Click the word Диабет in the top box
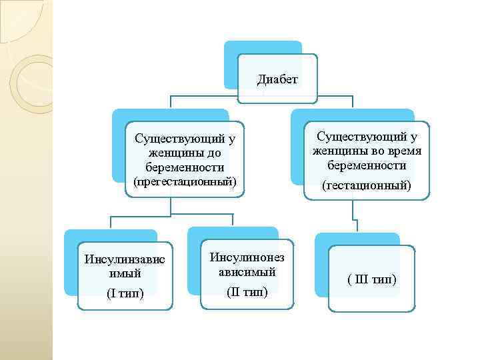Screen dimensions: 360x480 [277, 80]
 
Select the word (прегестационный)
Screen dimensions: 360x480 [185, 181]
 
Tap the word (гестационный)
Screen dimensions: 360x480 [366, 185]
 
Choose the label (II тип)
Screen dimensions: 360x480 [247, 291]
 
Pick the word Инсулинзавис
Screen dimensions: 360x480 [125, 259]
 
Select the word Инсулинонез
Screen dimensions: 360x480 [247, 257]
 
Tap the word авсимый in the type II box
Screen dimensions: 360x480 [247, 272]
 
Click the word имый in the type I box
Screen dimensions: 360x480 [125, 273]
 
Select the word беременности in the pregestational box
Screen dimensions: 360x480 [185, 167]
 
